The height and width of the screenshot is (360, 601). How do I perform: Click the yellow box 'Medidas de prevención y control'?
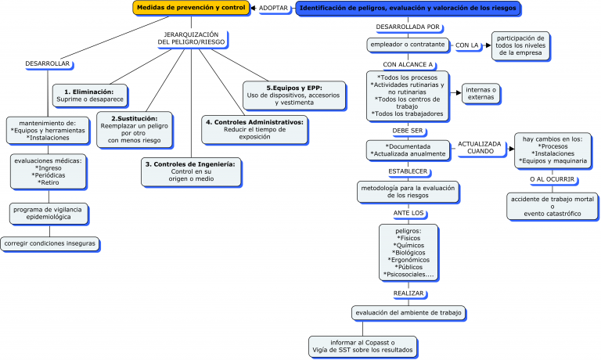189,8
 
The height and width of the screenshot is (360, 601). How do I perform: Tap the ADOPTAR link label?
273,8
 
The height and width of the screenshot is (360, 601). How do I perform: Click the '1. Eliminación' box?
89,96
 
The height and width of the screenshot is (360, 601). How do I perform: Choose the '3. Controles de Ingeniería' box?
191,171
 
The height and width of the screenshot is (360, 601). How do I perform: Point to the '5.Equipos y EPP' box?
293,94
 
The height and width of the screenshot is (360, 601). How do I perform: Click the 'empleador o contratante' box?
407,45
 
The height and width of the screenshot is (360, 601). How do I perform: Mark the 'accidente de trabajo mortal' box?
552,205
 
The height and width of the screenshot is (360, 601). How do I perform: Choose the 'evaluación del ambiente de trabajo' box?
408,312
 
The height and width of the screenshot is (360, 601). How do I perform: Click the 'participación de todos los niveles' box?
520,45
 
